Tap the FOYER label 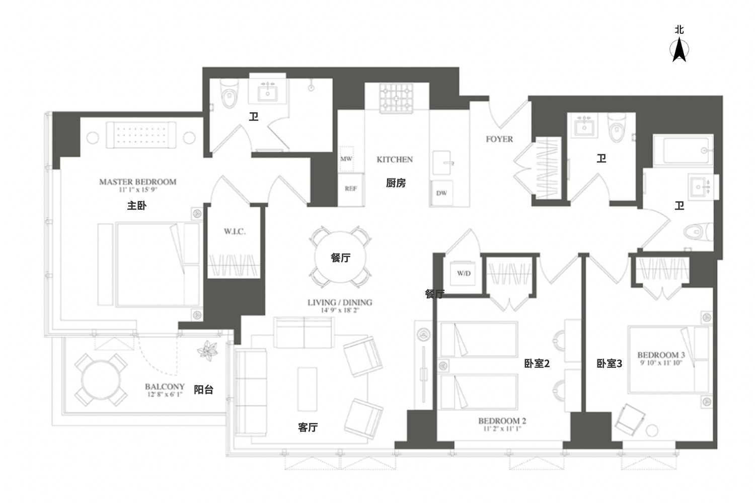click(499, 139)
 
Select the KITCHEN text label click(395, 159)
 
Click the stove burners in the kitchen click(397, 98)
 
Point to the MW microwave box click(346, 159)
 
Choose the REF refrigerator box click(350, 189)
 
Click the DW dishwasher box click(441, 193)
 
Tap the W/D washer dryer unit click(464, 273)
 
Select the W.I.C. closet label click(235, 231)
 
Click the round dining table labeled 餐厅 click(340, 258)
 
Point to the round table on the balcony click(101, 380)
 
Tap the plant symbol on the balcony click(207, 351)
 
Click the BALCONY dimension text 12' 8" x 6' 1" click(165, 394)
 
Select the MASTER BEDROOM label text click(138, 182)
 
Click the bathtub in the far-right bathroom click(683, 150)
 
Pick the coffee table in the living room click(307, 389)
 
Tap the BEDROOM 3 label click(661, 355)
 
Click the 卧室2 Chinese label click(537, 364)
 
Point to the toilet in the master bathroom click(229, 94)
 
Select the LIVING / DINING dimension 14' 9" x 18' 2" click(340, 310)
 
